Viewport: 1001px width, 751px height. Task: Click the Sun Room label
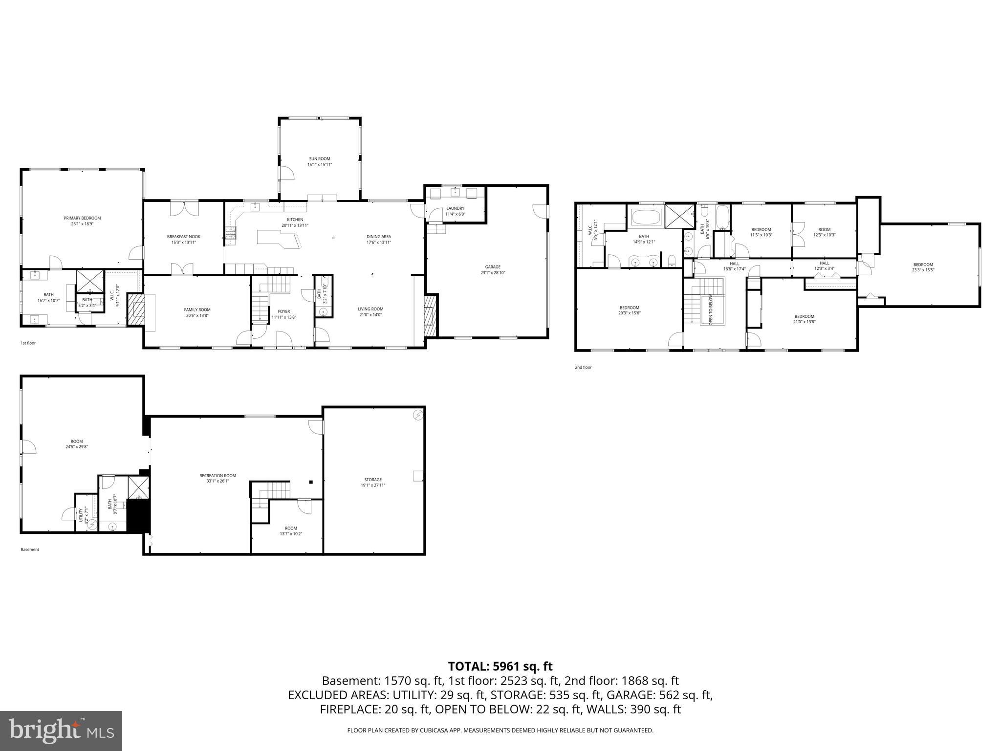click(x=319, y=158)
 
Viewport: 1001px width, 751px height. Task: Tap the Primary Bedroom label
click(x=82, y=218)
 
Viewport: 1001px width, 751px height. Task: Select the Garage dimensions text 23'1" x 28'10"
click(x=492, y=273)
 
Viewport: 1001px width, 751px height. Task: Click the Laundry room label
click(x=455, y=208)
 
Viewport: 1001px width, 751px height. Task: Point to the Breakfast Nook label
click(x=183, y=237)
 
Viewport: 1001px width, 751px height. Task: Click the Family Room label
click(x=197, y=309)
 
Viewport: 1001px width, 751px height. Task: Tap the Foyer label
click(x=283, y=311)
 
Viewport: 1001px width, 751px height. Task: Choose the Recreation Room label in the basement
click(x=218, y=475)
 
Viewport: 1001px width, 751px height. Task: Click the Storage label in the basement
click(x=372, y=480)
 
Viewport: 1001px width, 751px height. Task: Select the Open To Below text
click(x=711, y=310)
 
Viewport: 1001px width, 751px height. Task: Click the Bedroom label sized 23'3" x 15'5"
click(x=922, y=265)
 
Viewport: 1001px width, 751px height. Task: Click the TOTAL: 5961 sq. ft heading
click(x=500, y=666)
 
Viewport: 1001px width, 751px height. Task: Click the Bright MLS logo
click(x=61, y=730)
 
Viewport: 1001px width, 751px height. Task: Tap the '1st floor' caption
click(x=28, y=343)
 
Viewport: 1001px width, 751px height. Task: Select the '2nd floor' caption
click(x=583, y=367)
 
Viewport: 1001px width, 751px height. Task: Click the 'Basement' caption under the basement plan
click(x=30, y=550)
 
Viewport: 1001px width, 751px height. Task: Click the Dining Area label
click(x=378, y=237)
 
